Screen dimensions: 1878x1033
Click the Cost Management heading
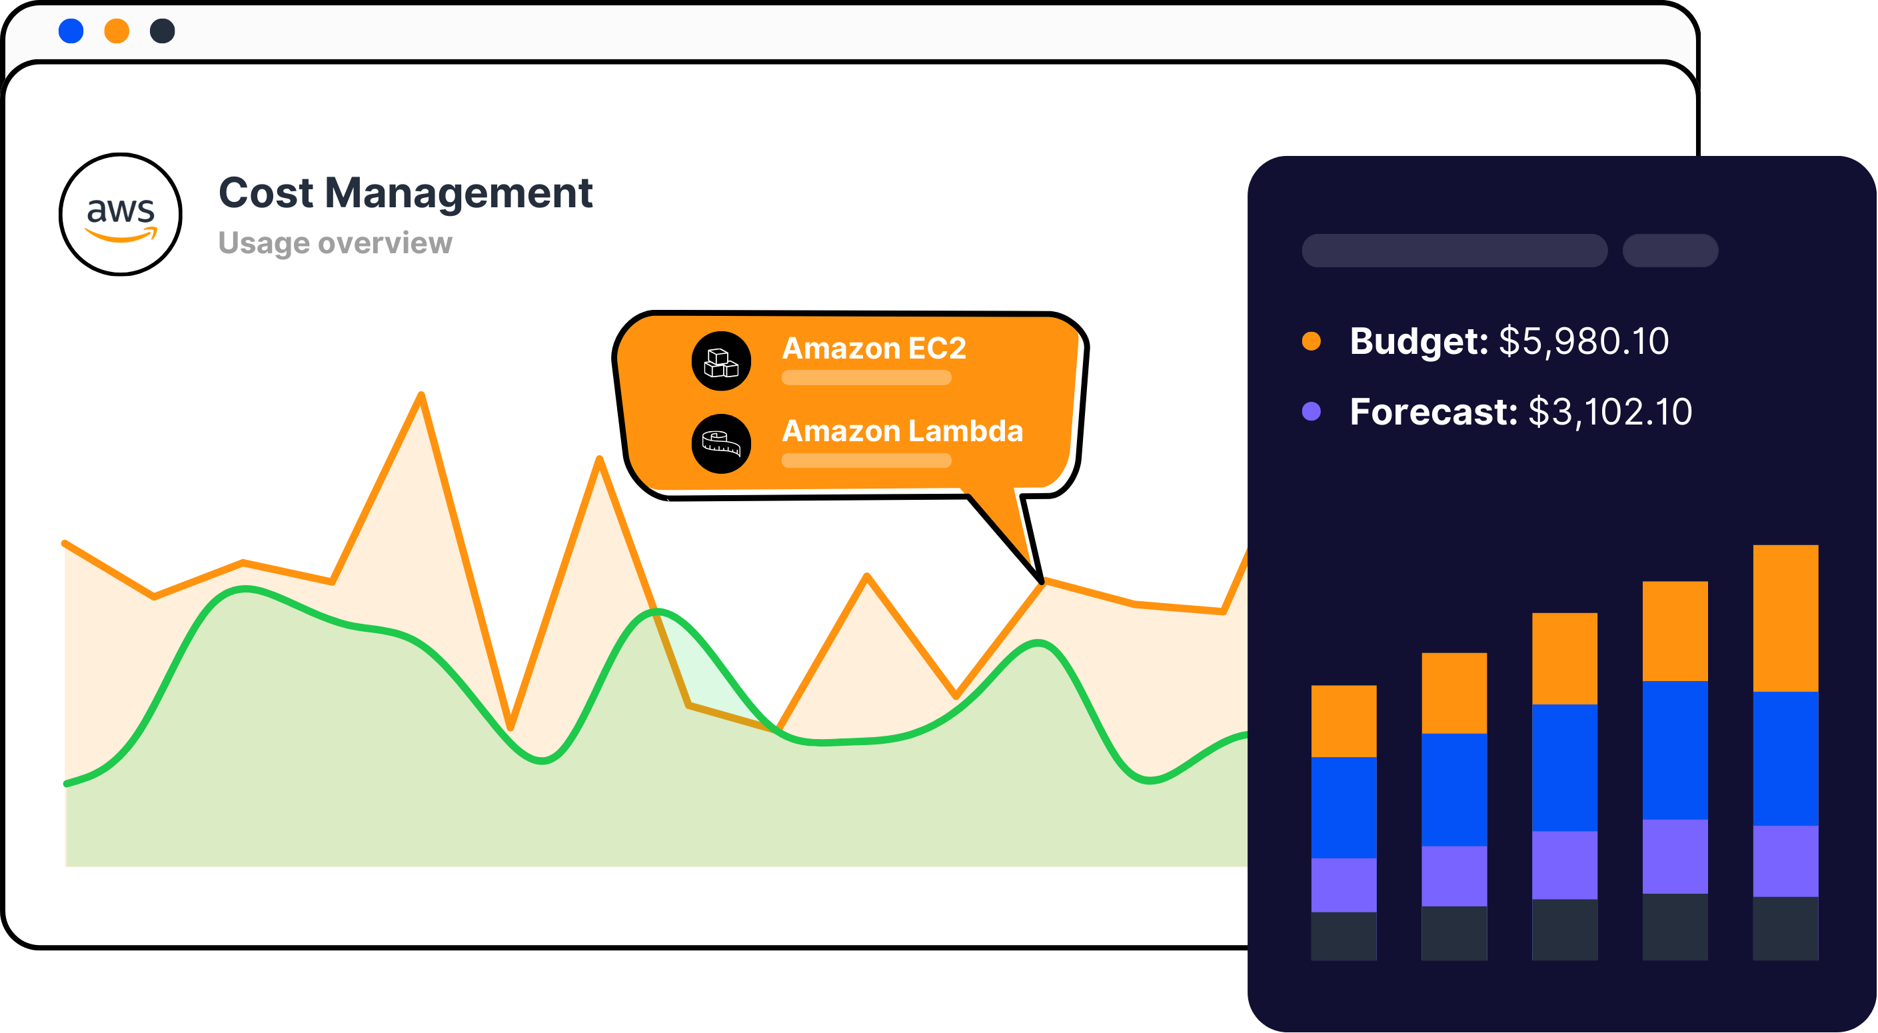point(406,193)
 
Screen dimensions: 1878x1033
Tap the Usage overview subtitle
point(335,243)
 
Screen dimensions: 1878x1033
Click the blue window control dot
point(71,31)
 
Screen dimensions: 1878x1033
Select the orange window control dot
point(117,31)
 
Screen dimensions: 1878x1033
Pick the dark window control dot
point(163,31)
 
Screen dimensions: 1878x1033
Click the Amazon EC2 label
point(874,348)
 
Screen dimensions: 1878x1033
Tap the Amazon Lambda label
point(902,431)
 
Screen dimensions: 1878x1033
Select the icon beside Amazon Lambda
point(721,443)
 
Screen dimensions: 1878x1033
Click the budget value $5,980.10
point(1583,341)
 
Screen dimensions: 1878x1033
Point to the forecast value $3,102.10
point(1609,412)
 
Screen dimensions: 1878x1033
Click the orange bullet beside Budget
point(1311,341)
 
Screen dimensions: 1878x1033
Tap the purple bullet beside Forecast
point(1311,411)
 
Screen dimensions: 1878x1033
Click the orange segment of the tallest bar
point(1785,618)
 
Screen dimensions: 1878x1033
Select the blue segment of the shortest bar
point(1344,808)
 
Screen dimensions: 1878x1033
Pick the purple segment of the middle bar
point(1565,865)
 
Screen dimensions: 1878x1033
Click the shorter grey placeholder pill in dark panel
point(1670,251)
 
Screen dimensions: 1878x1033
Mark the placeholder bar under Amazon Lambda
point(866,461)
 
